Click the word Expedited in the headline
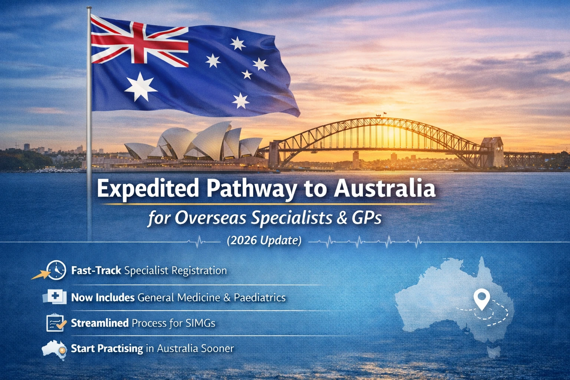(148, 189)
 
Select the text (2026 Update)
(264, 240)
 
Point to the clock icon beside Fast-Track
(56, 270)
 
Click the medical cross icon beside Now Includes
(56, 297)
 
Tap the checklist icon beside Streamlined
(55, 323)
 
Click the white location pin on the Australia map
(482, 299)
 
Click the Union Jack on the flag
(139, 43)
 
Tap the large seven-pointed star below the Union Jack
(141, 87)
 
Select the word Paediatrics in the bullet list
(259, 298)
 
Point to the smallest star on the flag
(247, 74)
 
